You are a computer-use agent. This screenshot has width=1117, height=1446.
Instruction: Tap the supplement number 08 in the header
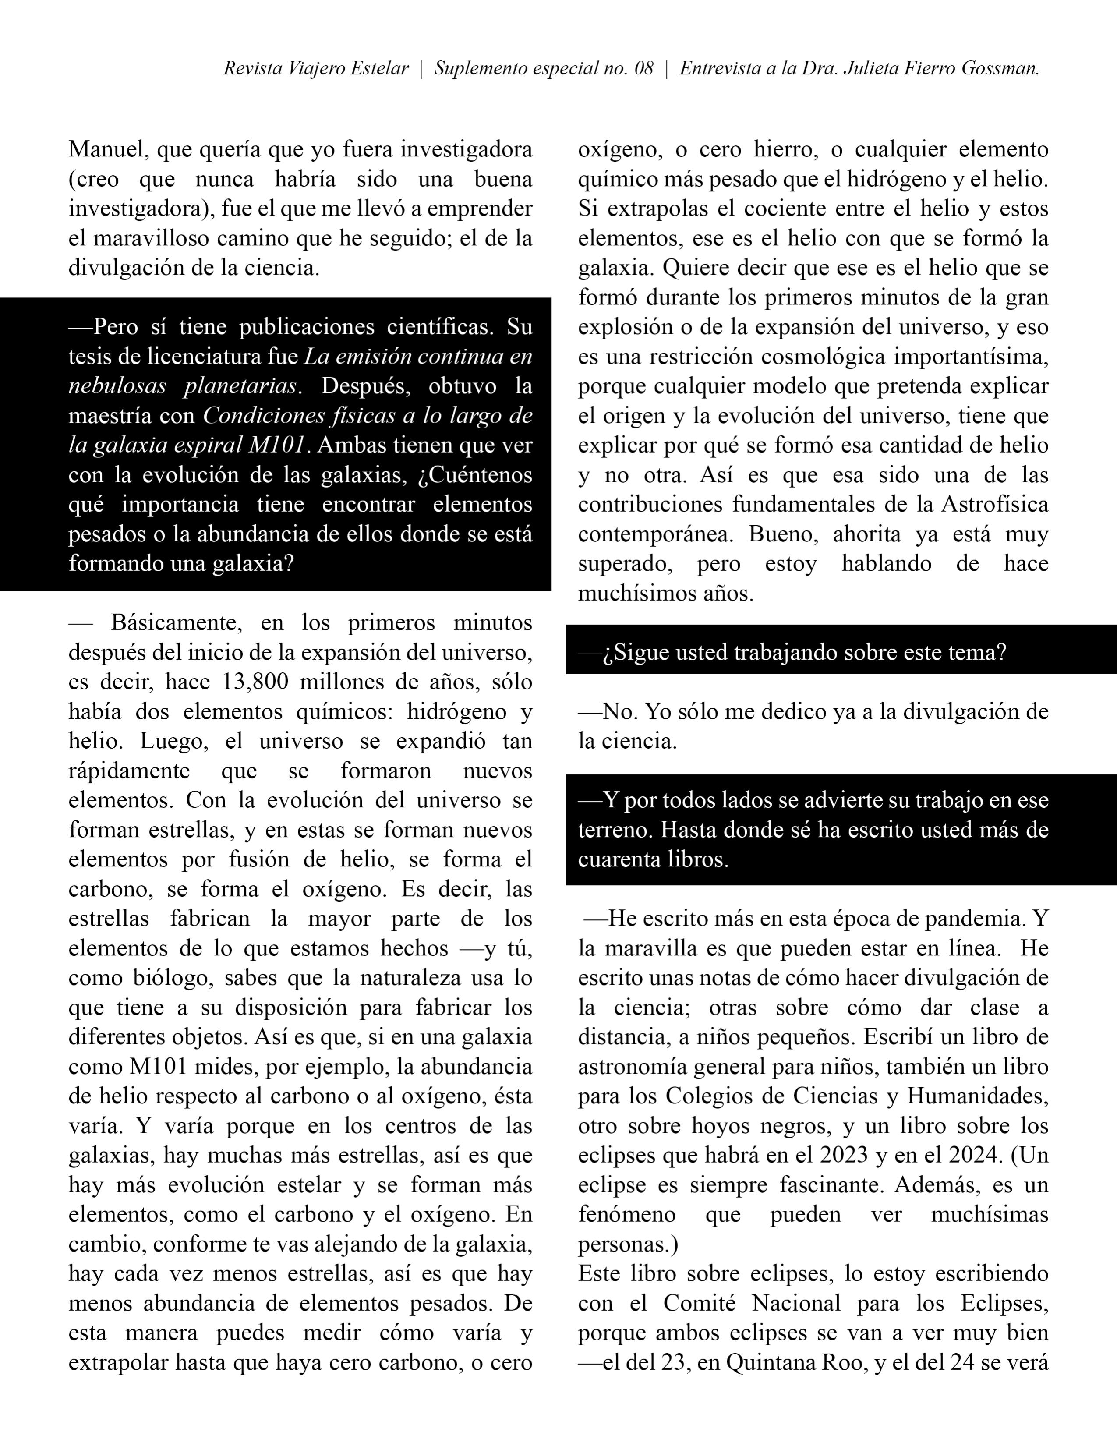[x=643, y=69]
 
